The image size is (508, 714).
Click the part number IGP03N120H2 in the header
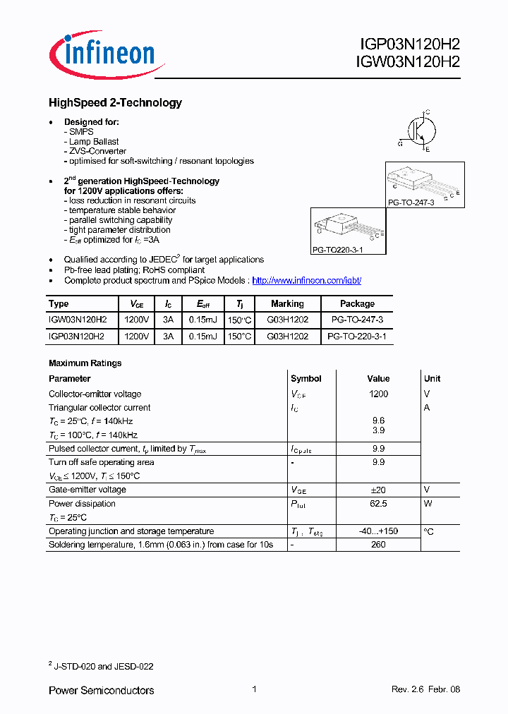pos(409,44)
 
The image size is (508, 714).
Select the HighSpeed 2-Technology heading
pos(115,103)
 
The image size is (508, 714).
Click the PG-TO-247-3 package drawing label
pos(411,202)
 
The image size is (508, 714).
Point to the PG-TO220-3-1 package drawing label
pos(337,250)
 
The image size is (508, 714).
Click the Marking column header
pos(287,304)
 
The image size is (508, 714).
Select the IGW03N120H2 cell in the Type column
pos(78,320)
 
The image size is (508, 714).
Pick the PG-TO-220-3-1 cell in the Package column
pos(357,337)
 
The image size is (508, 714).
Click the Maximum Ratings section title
pos(85,363)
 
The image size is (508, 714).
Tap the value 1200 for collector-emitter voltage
pos(378,394)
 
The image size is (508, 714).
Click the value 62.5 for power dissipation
pos(378,504)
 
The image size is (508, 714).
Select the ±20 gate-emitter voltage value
pos(378,490)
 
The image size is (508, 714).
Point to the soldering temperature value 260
pos(378,545)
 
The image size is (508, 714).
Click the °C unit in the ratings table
pos(429,532)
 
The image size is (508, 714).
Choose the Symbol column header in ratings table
pos(306,379)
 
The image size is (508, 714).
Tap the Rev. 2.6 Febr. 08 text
pos(425,690)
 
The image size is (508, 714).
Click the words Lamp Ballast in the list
pos(94,142)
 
